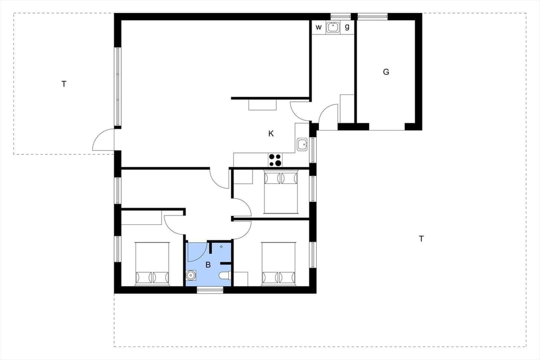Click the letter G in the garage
(386, 72)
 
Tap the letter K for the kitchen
(271, 133)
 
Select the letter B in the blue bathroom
(208, 265)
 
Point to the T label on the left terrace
(64, 84)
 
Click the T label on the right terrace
(421, 238)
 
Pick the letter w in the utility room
(318, 26)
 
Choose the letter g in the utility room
(347, 26)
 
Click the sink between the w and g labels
(333, 26)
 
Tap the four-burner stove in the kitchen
(275, 159)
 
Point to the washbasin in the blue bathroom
(191, 276)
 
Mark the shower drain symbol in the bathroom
(222, 246)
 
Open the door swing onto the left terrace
(103, 141)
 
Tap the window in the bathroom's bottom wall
(210, 290)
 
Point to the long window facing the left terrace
(118, 87)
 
